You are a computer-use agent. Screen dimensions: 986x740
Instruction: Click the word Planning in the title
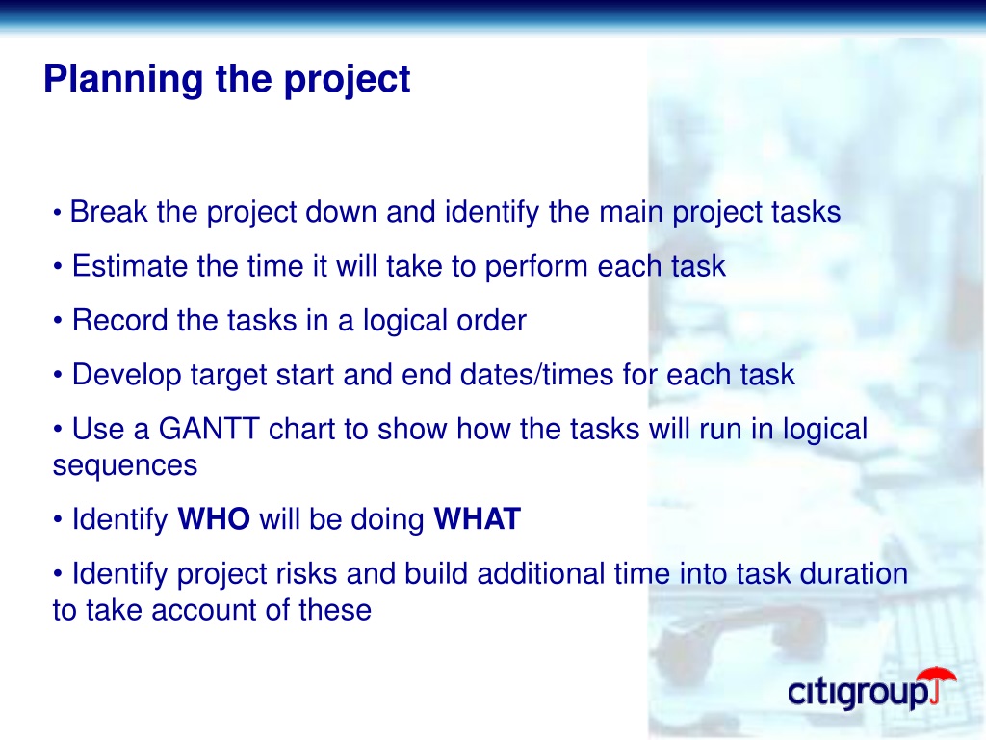point(123,80)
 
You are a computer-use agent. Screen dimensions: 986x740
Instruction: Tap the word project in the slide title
point(347,80)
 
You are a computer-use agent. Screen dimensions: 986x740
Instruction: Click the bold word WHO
point(214,519)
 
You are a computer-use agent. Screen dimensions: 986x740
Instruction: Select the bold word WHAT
point(478,519)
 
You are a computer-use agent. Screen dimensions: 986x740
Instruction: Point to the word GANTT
point(209,429)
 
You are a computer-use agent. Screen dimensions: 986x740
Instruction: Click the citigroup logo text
point(859,692)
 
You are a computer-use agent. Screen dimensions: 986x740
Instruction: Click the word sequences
point(125,466)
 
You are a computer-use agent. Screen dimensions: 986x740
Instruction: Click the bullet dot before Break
point(57,213)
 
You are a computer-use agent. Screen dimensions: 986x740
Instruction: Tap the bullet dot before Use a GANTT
point(58,430)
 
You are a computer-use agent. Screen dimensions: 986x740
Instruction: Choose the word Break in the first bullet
point(109,211)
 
